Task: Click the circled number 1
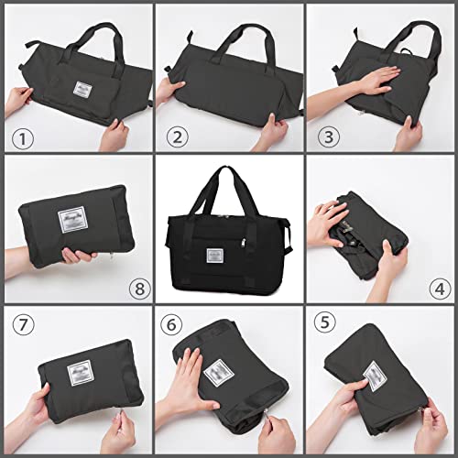point(21,139)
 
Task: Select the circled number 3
point(326,139)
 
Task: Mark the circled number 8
point(139,289)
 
